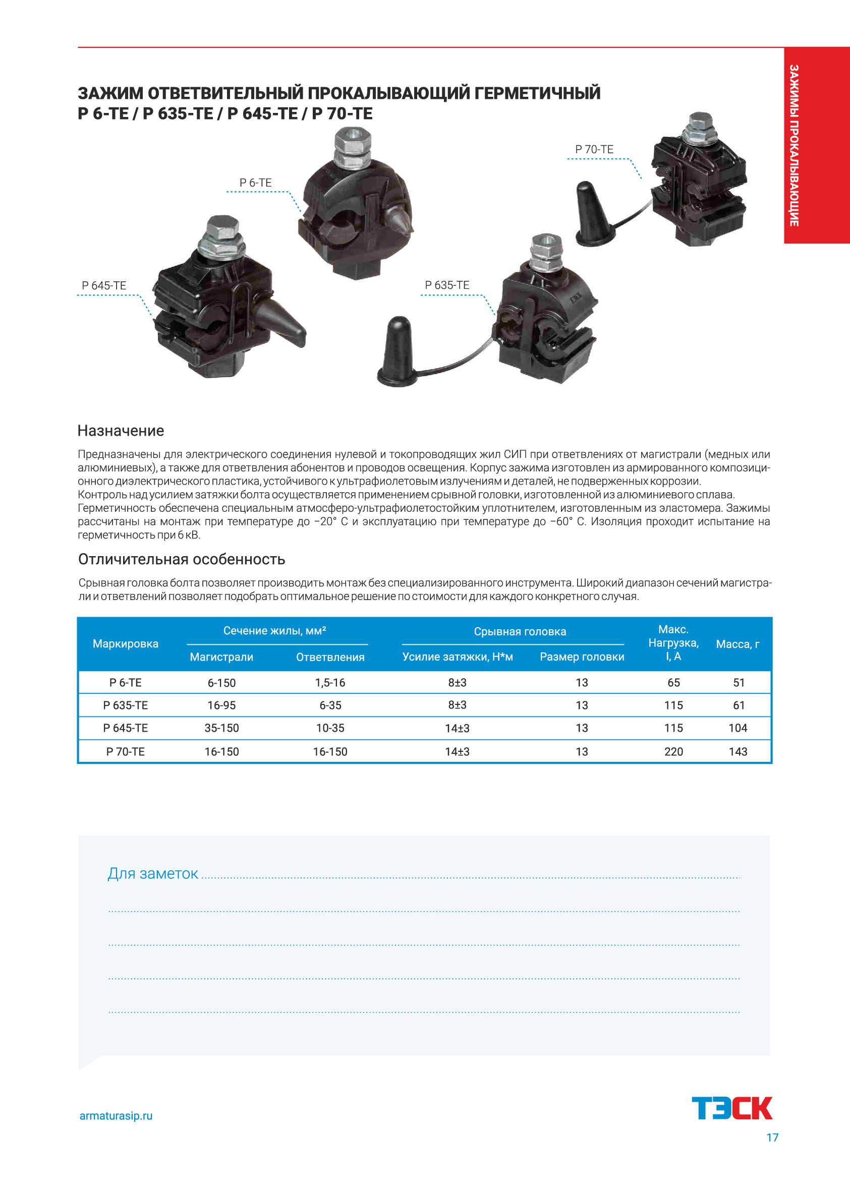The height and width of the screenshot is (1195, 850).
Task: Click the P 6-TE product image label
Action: (x=255, y=183)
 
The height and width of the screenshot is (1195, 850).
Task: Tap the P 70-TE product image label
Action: (x=594, y=149)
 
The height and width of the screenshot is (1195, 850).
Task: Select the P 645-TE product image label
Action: (x=103, y=286)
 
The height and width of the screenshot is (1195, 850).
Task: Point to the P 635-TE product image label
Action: (x=447, y=285)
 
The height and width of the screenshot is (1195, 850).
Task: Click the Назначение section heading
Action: (x=121, y=431)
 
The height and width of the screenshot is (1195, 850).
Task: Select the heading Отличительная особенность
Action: (x=182, y=559)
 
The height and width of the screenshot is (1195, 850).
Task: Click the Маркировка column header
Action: (x=126, y=643)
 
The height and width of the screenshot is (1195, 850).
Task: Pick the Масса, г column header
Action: (x=738, y=644)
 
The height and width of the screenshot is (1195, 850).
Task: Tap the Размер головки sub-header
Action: (x=582, y=656)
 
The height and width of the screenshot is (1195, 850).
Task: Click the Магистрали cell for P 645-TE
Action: (x=221, y=728)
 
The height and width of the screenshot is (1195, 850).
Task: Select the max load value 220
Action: (x=673, y=751)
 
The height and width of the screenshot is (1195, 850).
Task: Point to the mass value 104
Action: (x=738, y=728)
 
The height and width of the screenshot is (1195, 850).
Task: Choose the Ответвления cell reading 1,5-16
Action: (x=330, y=682)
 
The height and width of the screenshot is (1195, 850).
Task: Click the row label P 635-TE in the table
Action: (x=126, y=705)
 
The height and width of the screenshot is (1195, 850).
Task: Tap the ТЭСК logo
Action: (x=732, y=1108)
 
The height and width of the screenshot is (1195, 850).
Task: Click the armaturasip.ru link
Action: (x=116, y=1115)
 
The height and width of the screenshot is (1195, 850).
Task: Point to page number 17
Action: (x=772, y=1138)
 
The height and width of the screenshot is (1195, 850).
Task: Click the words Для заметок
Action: (x=153, y=873)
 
